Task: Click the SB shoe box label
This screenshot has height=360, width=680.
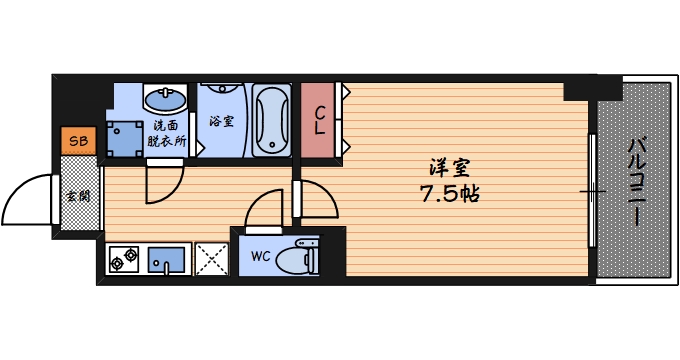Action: tap(78, 141)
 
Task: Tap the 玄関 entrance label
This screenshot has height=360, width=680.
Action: tap(77, 195)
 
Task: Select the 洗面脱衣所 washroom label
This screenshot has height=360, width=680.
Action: tap(167, 133)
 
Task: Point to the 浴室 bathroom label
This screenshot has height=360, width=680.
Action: tap(221, 122)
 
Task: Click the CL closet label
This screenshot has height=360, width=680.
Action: tap(319, 121)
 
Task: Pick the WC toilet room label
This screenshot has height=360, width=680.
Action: tap(260, 255)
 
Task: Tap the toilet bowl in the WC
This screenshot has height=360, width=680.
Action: tap(300, 257)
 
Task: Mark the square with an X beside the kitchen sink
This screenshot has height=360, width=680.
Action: tap(211, 259)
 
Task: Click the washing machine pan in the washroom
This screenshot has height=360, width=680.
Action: tap(123, 138)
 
